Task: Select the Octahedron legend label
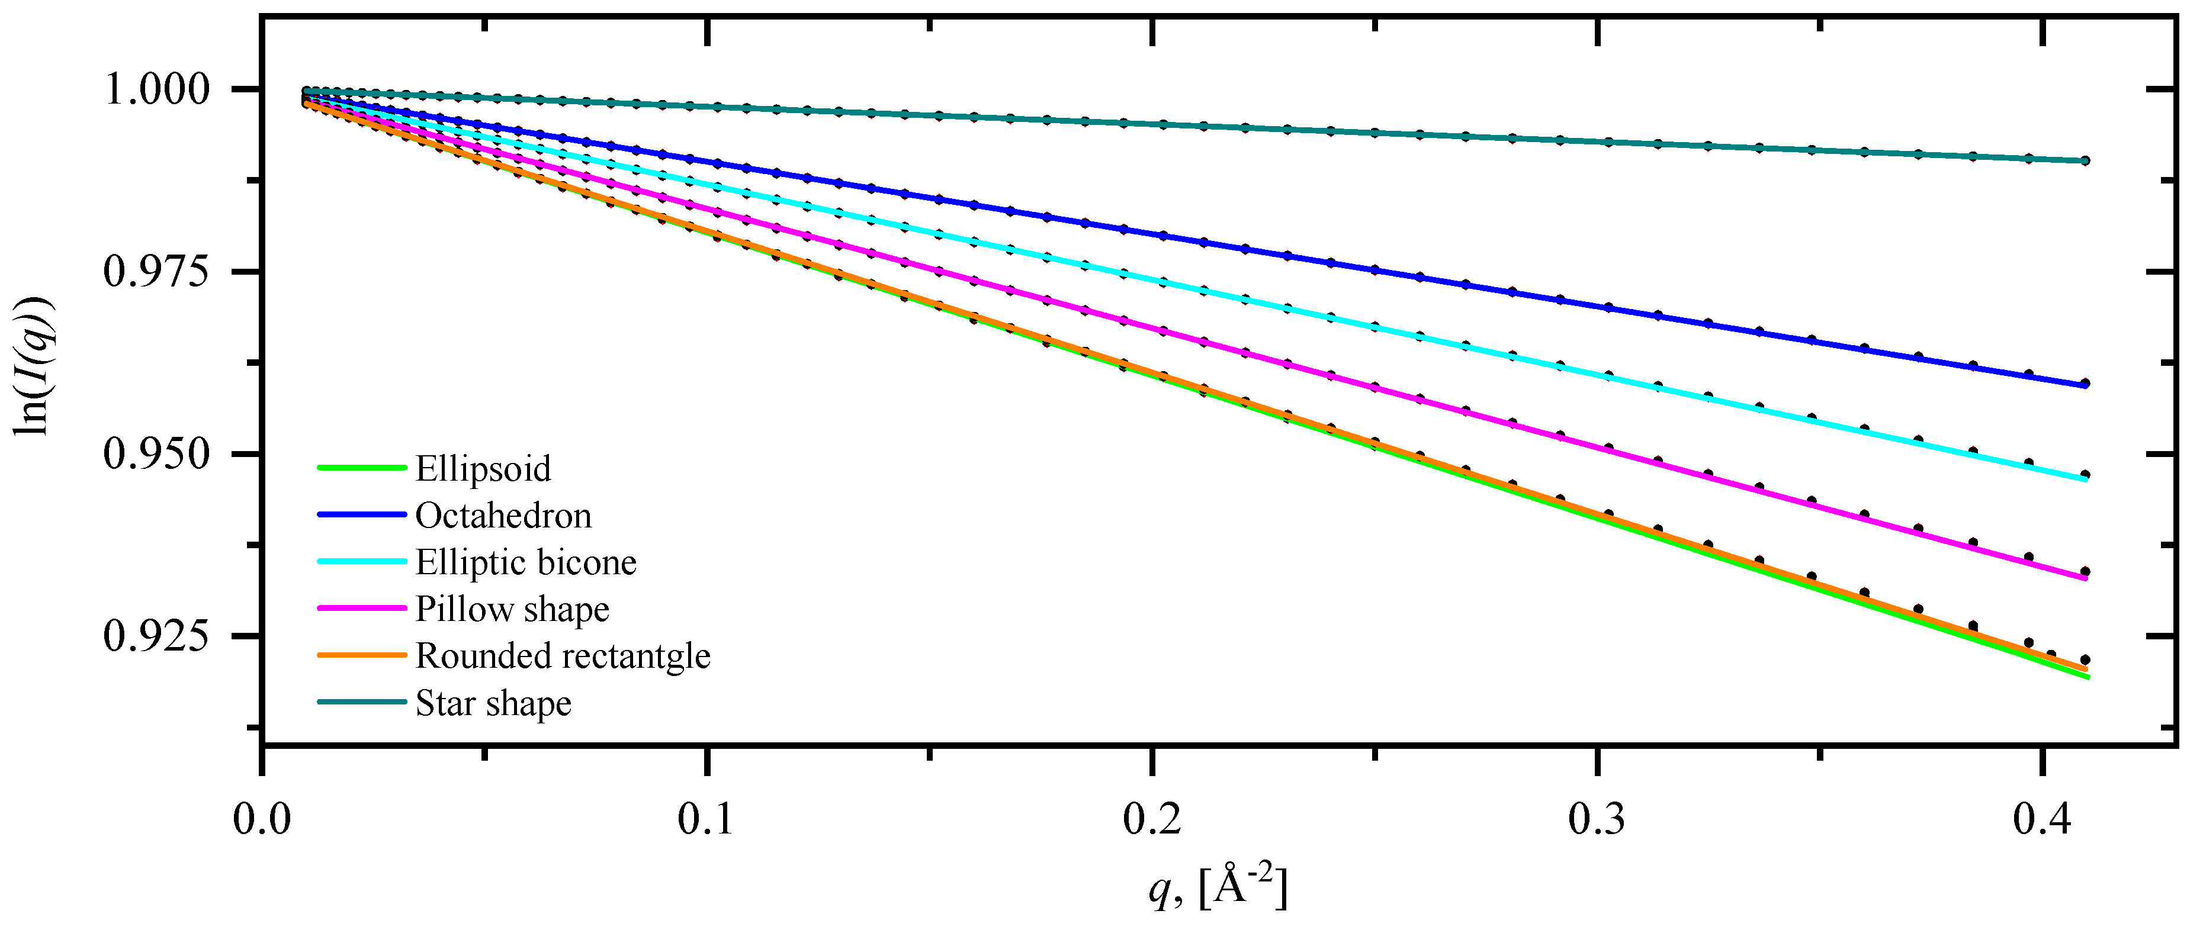coord(503,516)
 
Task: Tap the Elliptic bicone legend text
coord(526,562)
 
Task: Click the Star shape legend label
coord(493,703)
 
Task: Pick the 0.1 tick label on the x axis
coord(706,819)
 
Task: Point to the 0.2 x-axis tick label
coord(1152,819)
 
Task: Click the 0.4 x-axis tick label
coord(2043,819)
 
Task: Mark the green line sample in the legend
coord(361,468)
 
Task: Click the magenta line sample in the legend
coord(361,609)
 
